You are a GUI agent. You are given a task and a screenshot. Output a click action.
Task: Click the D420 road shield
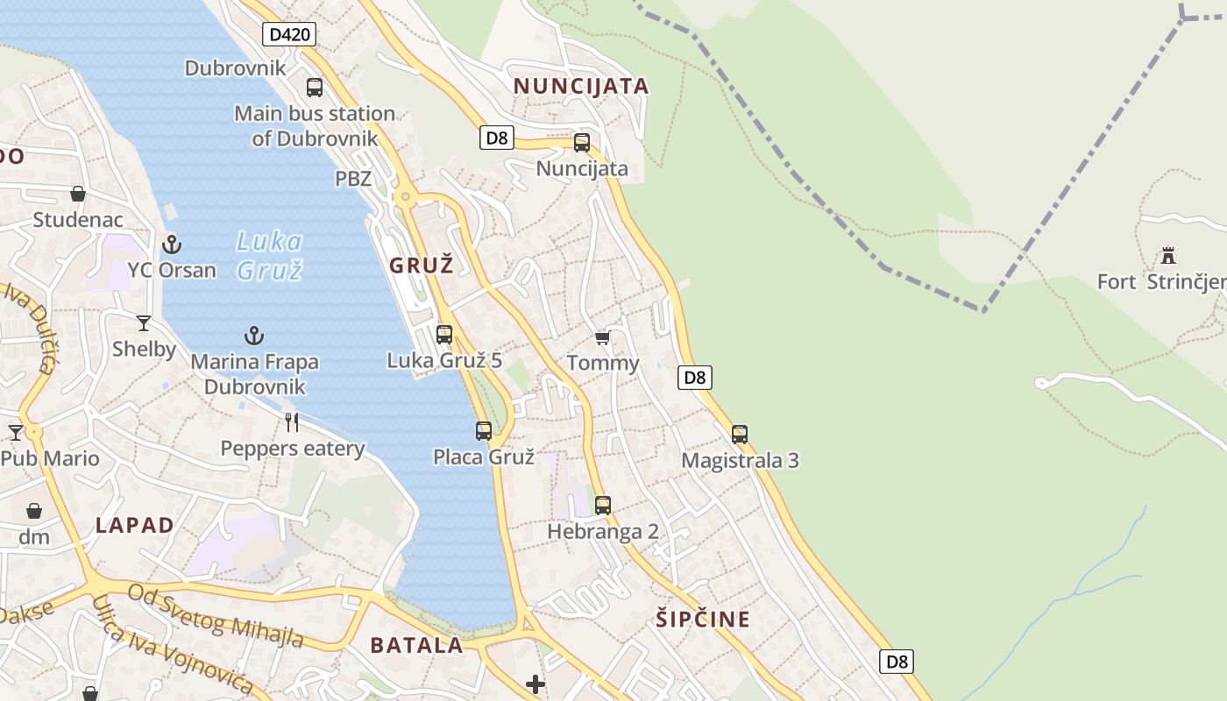(x=289, y=35)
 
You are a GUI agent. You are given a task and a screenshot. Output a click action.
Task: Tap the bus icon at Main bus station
(x=315, y=88)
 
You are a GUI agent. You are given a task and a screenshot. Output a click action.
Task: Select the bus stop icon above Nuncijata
(x=582, y=143)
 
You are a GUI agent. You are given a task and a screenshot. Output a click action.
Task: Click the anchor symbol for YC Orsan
(x=172, y=244)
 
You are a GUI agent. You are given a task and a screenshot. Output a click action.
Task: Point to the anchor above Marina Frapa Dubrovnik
(x=254, y=336)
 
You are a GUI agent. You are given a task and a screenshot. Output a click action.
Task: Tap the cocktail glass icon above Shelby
(x=144, y=323)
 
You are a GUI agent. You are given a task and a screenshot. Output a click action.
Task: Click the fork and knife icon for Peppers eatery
(x=293, y=422)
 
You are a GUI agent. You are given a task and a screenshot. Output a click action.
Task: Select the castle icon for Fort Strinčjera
(x=1168, y=256)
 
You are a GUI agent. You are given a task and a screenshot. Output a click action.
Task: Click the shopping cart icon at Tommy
(x=602, y=337)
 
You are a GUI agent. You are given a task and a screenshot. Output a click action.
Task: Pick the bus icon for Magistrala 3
(x=740, y=435)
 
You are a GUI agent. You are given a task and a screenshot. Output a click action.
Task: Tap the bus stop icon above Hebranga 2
(x=603, y=506)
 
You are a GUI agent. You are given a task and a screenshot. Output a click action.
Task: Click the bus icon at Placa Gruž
(x=484, y=431)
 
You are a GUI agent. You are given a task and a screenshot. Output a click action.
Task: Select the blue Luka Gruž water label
(x=270, y=255)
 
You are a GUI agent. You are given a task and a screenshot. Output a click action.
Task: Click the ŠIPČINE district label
(x=703, y=620)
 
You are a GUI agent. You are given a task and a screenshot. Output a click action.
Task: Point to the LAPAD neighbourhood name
(x=135, y=526)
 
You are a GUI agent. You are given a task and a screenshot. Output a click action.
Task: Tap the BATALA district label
(x=416, y=646)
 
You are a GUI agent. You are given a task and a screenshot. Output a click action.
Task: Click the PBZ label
(x=353, y=179)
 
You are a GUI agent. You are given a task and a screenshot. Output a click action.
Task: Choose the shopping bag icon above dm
(x=34, y=511)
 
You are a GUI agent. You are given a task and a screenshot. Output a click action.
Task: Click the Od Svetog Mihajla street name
(x=216, y=615)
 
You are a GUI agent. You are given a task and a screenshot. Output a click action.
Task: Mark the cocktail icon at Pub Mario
(x=16, y=432)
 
